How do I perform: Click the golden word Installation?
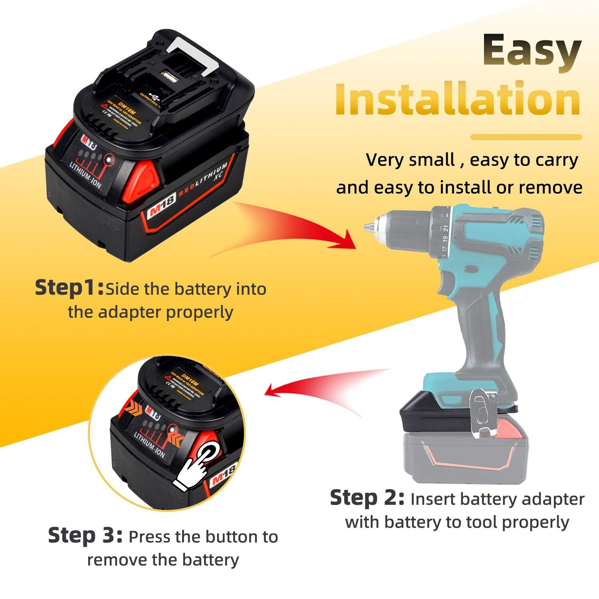click(458, 98)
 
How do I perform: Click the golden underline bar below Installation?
click(526, 137)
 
